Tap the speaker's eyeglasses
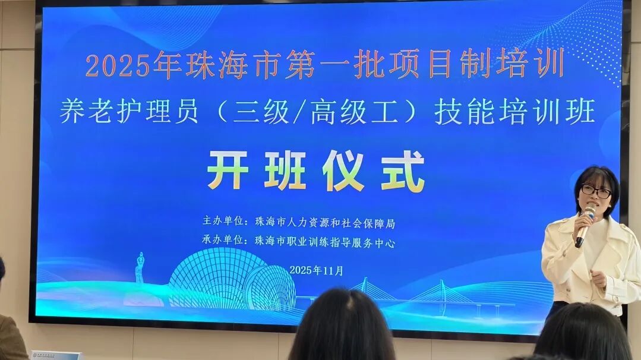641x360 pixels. [595, 191]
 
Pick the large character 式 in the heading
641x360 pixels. [404, 170]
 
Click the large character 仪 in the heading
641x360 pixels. [344, 170]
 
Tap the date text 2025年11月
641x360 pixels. [317, 270]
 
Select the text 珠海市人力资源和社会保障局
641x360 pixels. [324, 224]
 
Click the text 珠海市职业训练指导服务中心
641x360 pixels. [324, 242]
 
